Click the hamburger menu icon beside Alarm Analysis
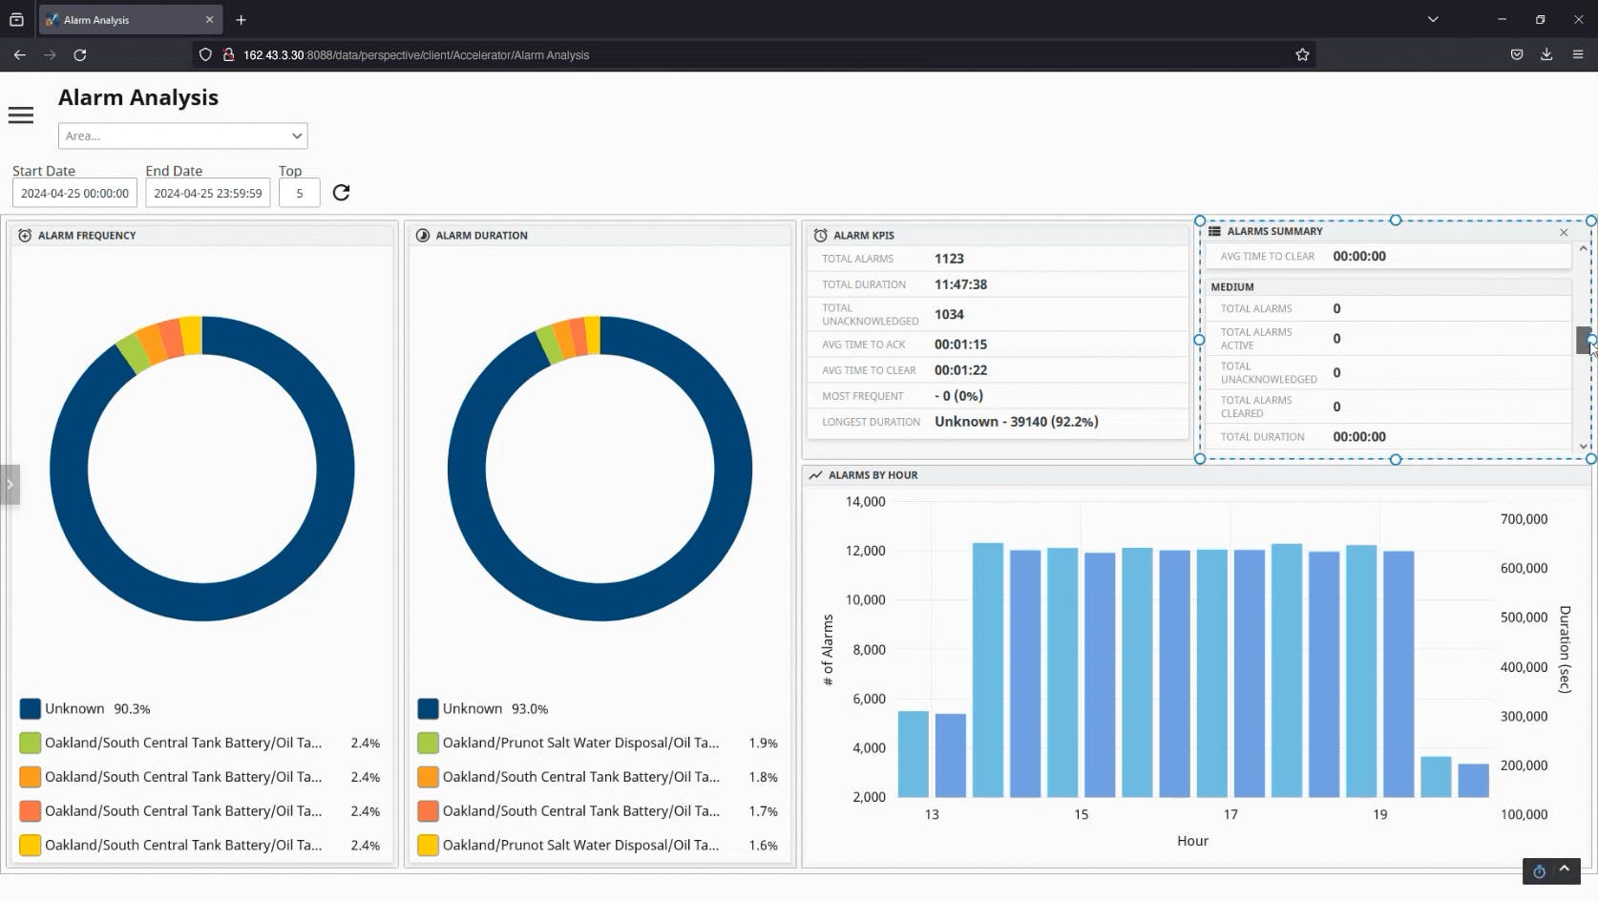pos(21,115)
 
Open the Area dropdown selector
pos(182,136)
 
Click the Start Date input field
pos(74,193)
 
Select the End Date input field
pos(207,193)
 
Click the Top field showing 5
pos(299,193)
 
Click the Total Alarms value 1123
pos(949,259)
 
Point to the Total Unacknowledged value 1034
pos(949,314)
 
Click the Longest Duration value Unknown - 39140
pos(1016,422)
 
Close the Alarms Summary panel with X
pos(1564,232)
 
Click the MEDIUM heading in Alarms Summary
pos(1232,287)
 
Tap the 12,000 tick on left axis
pos(865,551)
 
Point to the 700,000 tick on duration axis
pos(1524,519)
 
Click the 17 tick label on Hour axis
pos(1230,814)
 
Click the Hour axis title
pos(1192,841)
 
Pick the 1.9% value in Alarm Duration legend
pos(763,743)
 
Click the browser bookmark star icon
pos(1302,55)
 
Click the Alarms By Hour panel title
pos(873,475)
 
